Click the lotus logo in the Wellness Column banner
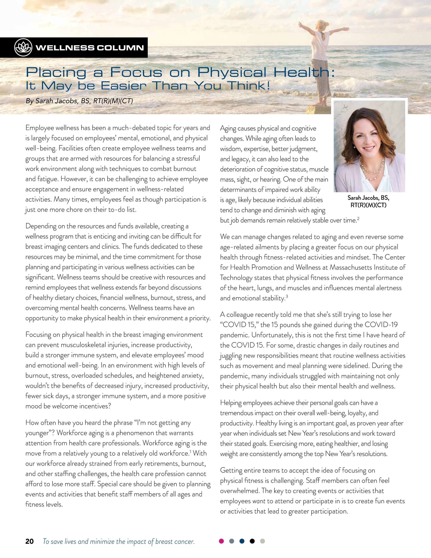23,48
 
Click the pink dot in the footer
221,541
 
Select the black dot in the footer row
252,541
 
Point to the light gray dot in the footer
262,541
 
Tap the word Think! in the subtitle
249,86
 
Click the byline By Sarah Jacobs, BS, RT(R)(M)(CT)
79,101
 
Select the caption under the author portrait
368,201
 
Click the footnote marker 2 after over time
358,219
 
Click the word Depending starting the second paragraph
41,226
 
